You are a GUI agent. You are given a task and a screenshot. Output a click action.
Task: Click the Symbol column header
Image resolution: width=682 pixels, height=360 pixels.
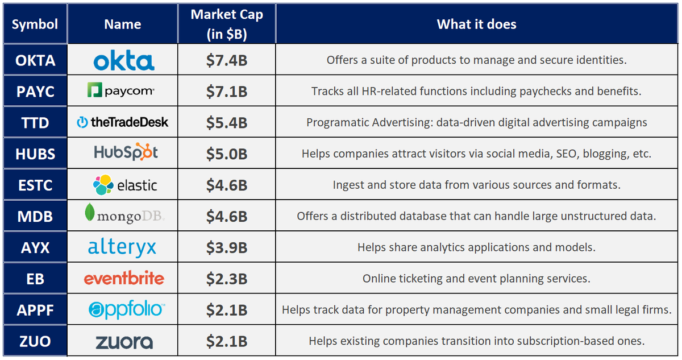tap(35, 24)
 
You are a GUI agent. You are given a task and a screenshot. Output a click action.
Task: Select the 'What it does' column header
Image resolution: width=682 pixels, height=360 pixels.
tap(476, 24)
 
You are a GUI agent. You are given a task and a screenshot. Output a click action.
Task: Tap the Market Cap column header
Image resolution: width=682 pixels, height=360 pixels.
tap(227, 24)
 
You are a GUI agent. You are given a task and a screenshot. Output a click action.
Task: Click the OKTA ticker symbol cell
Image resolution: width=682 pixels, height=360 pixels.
tap(35, 60)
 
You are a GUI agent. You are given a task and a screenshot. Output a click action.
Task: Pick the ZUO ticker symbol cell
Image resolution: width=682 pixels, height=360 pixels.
tap(35, 341)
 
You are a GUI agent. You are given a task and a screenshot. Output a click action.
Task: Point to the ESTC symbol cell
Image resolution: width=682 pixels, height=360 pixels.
tap(35, 185)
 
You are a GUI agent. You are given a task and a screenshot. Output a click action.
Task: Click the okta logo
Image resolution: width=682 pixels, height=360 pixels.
tap(123, 60)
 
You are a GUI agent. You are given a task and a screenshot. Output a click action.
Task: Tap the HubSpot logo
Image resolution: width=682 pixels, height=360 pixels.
tap(126, 152)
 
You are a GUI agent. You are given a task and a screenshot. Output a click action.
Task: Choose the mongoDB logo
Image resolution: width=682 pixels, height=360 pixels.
tap(124, 215)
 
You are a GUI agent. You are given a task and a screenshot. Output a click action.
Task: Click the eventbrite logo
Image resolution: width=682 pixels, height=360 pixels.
tap(124, 279)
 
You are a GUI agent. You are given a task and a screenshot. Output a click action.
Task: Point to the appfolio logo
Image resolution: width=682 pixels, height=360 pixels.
tap(126, 310)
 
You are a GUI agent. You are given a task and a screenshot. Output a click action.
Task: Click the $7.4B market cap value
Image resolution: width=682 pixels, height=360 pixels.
tap(226, 60)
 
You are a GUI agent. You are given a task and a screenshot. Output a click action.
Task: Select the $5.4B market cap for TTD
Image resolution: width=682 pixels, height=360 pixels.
tap(226, 122)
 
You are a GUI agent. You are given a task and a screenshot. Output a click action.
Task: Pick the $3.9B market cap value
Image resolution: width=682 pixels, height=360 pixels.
tap(226, 247)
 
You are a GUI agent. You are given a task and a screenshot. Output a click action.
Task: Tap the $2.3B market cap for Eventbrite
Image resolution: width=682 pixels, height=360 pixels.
tap(226, 279)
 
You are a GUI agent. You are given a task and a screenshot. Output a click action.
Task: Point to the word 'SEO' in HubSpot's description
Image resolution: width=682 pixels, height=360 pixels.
tap(556, 154)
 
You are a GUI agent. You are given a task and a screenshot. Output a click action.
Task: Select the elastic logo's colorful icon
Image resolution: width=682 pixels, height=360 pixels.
tap(103, 185)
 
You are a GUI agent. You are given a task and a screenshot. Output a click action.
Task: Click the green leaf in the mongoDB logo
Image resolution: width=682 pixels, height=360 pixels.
tap(89, 213)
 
